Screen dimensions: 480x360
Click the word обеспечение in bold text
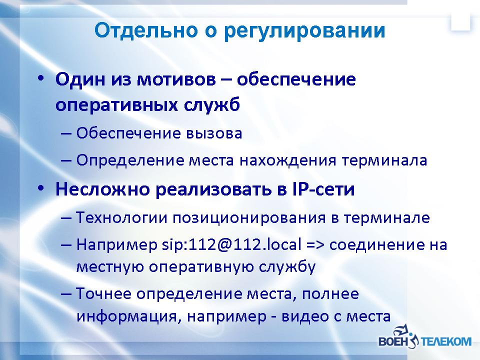tap(296, 79)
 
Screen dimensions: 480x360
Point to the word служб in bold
tap(212, 104)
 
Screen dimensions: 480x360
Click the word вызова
tap(213, 133)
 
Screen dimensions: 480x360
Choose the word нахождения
tap(288, 160)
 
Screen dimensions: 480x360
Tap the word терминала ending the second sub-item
tap(384, 160)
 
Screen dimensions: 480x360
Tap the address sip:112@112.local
tap(231, 244)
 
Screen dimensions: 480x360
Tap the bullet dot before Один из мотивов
tap(40, 78)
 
